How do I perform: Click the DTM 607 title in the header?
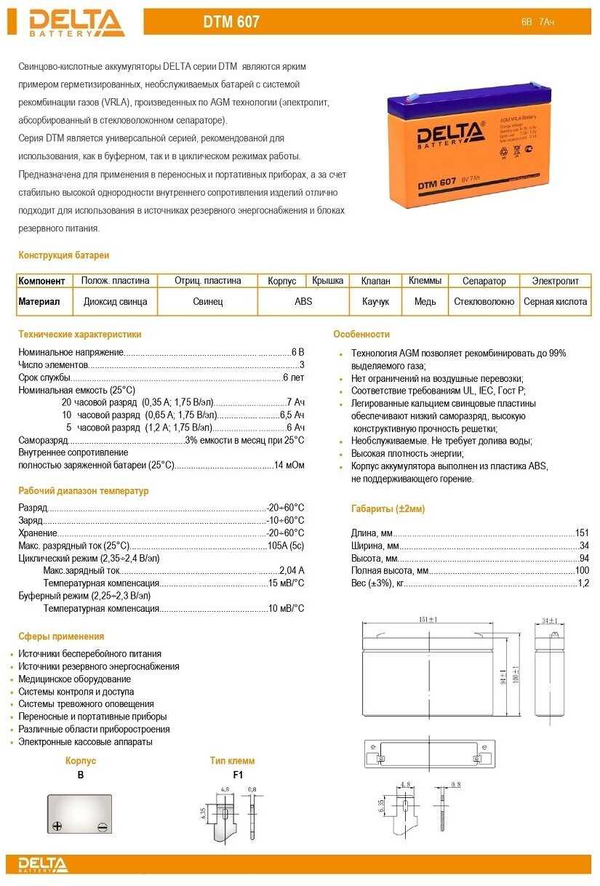click(x=231, y=23)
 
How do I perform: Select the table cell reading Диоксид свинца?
click(x=115, y=301)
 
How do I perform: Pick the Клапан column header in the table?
click(x=375, y=281)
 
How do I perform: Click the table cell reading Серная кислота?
click(x=555, y=301)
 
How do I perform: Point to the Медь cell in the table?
click(x=425, y=301)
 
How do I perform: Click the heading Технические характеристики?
click(x=80, y=335)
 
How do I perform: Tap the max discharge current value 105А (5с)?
click(x=286, y=546)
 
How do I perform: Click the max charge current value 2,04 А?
click(x=292, y=570)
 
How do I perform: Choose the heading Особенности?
click(x=361, y=335)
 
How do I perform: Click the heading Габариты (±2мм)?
click(x=388, y=509)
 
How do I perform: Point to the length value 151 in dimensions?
click(x=582, y=533)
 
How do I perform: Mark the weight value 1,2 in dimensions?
click(x=583, y=583)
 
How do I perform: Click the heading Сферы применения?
click(x=61, y=636)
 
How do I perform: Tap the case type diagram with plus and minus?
click(x=81, y=814)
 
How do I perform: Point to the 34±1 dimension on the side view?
click(x=550, y=620)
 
